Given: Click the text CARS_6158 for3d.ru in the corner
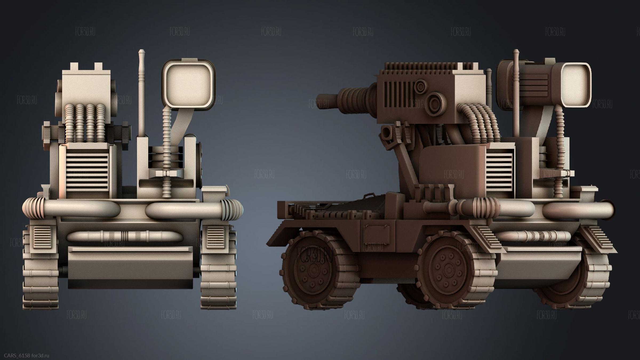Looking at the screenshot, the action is pos(27,355).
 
